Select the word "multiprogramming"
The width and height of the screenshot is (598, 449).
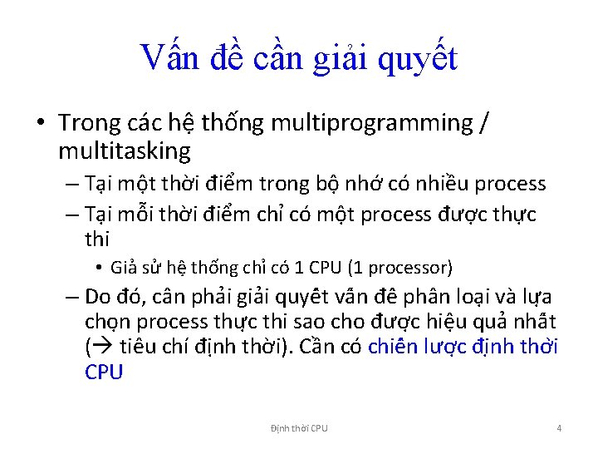[370, 123]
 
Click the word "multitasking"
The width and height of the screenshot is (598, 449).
[125, 150]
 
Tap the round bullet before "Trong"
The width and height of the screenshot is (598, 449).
[41, 123]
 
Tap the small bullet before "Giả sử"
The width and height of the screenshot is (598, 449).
[98, 268]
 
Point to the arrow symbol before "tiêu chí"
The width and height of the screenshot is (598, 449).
[105, 348]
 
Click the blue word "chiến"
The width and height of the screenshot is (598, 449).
[399, 347]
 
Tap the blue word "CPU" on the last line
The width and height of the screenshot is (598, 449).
[104, 372]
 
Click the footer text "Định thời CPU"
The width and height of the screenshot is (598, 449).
[299, 428]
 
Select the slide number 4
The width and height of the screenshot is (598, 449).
[559, 428]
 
